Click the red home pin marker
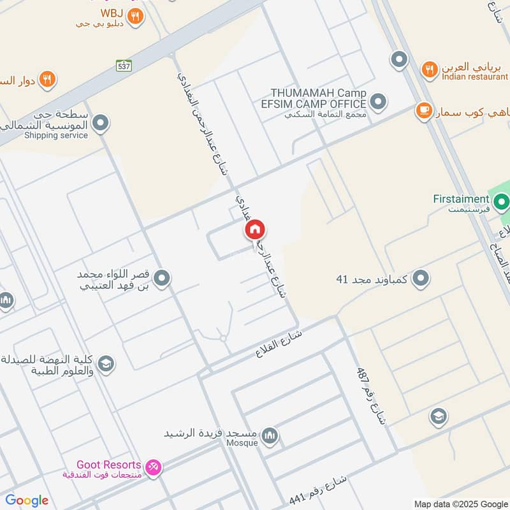click(255, 229)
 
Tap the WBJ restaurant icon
click(134, 17)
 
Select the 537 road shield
click(124, 65)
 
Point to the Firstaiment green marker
click(502, 203)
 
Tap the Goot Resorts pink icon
click(153, 468)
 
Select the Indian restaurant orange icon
click(430, 69)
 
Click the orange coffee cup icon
click(423, 111)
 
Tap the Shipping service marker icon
click(100, 122)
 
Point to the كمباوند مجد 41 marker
click(420, 279)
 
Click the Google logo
click(27, 500)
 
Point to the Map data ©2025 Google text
click(460, 503)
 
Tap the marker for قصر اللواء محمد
click(162, 279)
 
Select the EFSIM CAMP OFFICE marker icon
click(379, 101)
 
